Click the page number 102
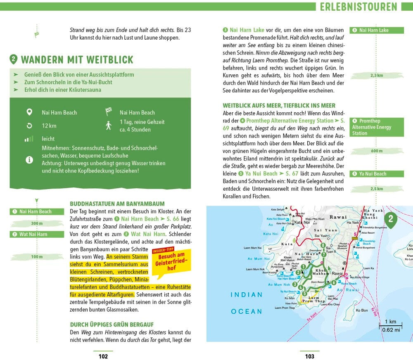click(103, 356)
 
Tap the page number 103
click(309, 356)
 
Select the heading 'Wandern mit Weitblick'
click(77, 59)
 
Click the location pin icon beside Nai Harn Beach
click(29, 112)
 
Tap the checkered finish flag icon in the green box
click(109, 111)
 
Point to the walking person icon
click(109, 126)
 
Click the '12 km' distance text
click(49, 126)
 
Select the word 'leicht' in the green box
click(48, 139)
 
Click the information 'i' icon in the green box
click(29, 160)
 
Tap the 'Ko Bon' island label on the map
click(362, 310)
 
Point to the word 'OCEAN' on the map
click(247, 311)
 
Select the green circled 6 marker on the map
click(333, 282)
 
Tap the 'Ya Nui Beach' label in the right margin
click(372, 174)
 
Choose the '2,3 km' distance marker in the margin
click(376, 76)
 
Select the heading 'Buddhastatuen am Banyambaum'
click(117, 204)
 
